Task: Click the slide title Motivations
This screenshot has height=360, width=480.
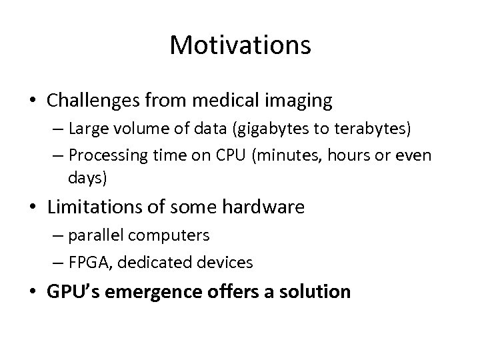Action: (240, 45)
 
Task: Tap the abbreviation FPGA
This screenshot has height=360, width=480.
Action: (85, 262)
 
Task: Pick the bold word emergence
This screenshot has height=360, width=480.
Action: (166, 291)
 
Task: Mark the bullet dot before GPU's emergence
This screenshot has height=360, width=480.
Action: (32, 291)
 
